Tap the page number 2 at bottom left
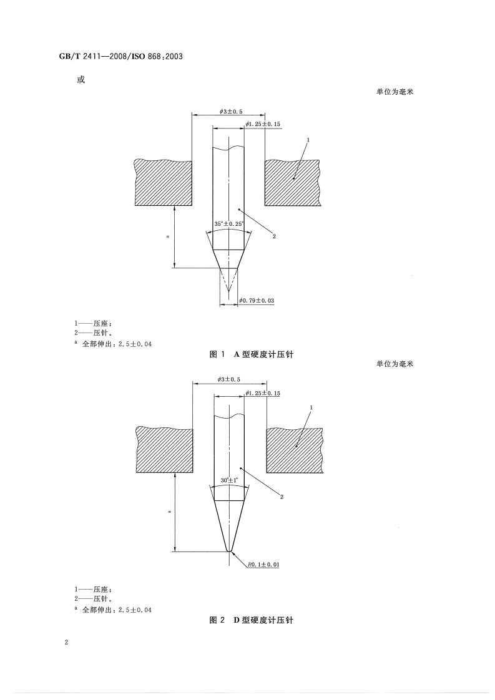(66, 643)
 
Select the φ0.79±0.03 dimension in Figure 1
(257, 301)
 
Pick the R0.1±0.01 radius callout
(263, 564)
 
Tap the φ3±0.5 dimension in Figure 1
(230, 111)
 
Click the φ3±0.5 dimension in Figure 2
(230, 379)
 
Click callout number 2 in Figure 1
(274, 236)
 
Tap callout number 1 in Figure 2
(311, 407)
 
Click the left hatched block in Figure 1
(163, 182)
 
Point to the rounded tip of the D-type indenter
(229, 550)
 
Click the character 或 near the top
(79, 80)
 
